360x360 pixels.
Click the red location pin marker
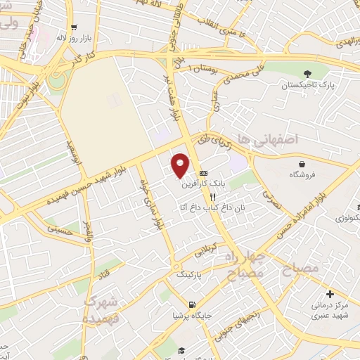(181, 166)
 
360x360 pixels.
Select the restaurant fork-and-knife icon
(212, 198)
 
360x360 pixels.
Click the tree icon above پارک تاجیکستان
(307, 73)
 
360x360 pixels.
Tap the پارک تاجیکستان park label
(307, 85)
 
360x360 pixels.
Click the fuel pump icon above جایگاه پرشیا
(192, 304)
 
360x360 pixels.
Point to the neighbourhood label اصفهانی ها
(269, 141)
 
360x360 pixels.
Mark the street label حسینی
(59, 228)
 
